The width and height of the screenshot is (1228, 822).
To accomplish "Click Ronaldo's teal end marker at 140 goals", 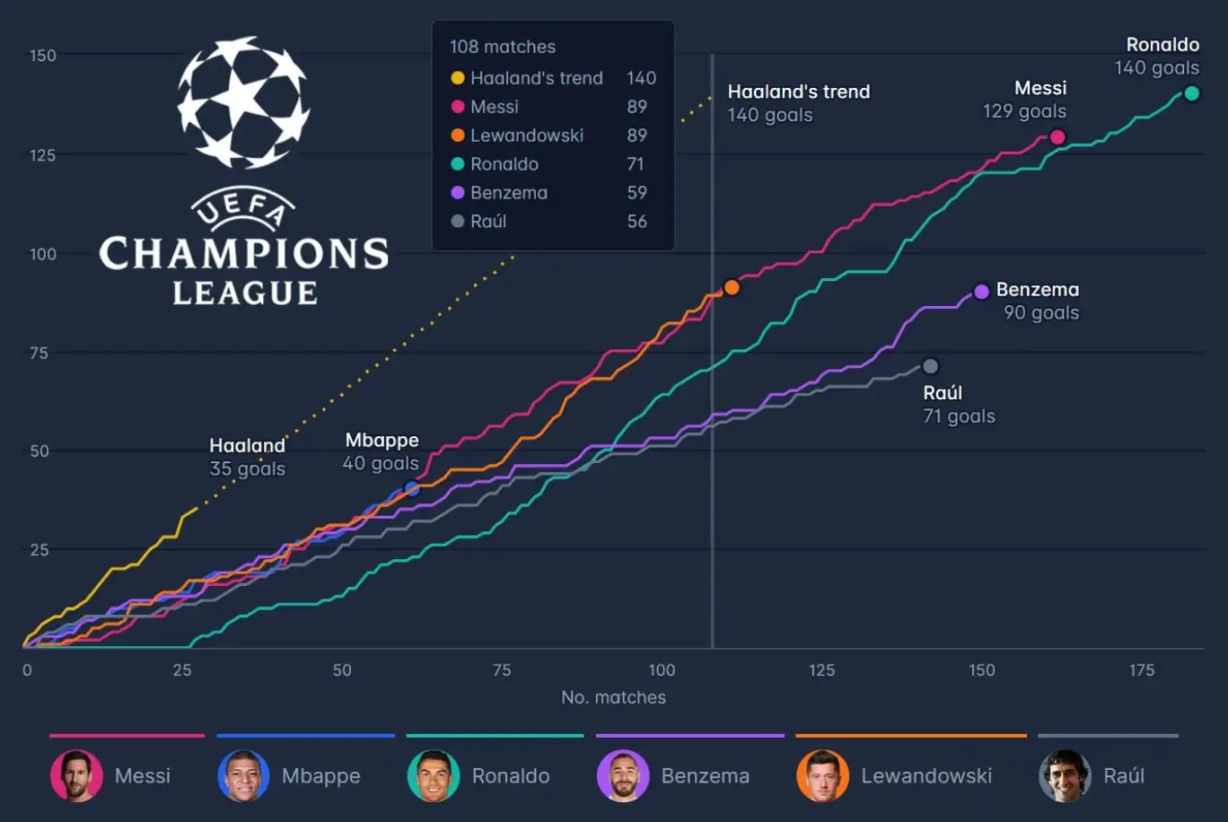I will point(1191,93).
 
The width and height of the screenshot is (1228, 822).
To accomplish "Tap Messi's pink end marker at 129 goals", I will point(1057,137).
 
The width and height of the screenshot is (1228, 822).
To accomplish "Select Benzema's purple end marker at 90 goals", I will point(981,292).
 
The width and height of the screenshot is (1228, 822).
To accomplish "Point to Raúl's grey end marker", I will point(931,366).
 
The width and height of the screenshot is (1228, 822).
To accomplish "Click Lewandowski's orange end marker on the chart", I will point(732,288).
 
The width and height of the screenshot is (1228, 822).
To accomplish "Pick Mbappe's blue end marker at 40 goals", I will point(412,489).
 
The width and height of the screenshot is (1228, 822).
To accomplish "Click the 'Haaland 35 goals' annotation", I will point(247,457).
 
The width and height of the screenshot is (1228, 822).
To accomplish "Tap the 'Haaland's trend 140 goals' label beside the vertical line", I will point(798,103).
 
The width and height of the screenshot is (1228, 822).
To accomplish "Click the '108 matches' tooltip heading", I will point(503,47).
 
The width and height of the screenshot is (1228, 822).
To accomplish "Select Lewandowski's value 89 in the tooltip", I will point(636,136).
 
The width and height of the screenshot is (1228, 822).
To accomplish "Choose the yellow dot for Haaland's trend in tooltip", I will point(458,78).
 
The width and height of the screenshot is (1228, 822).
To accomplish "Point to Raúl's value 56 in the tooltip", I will point(636,222).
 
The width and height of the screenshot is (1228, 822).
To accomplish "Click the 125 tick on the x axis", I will point(821,670).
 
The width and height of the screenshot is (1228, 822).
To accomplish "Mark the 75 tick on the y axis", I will point(39,353).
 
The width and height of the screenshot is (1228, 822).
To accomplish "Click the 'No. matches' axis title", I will point(613,697).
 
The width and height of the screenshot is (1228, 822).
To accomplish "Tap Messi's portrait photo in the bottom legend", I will point(76,775).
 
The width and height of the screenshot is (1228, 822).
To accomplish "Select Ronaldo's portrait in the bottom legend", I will point(434,775).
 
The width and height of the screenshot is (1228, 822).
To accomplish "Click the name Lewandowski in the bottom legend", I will point(926,775).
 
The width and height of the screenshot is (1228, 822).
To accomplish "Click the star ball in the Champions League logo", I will point(244,101).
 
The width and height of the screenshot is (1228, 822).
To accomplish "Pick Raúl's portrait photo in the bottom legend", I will point(1065,775).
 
